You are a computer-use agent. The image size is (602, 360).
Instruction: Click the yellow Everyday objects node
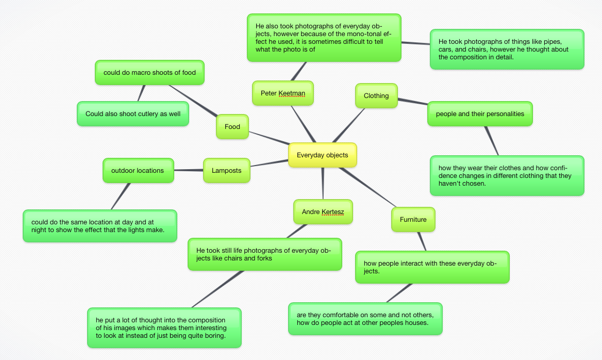pyautogui.click(x=322, y=155)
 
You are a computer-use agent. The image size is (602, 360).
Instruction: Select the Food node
pyautogui.click(x=232, y=127)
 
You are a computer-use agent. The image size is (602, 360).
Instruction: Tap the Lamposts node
pyautogui.click(x=226, y=171)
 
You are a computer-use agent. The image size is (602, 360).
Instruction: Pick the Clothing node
pyautogui.click(x=376, y=96)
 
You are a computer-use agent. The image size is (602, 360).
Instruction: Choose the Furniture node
pyautogui.click(x=413, y=220)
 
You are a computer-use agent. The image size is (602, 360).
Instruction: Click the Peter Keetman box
pyautogui.click(x=283, y=93)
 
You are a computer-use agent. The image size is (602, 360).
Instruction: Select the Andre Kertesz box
pyautogui.click(x=323, y=212)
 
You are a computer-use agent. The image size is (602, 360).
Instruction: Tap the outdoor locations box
pyautogui.click(x=138, y=171)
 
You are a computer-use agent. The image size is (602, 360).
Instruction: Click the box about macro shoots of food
pyautogui.click(x=149, y=73)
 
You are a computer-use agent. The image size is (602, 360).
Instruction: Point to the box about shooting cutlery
pyautogui.click(x=133, y=114)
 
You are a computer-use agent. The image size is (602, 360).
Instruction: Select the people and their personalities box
pyautogui.click(x=480, y=114)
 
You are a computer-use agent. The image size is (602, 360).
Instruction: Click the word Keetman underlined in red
pyautogui.click(x=292, y=93)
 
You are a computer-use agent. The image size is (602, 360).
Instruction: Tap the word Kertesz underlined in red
pyautogui.click(x=332, y=212)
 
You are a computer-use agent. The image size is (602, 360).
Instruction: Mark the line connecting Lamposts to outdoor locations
pyautogui.click(x=189, y=170)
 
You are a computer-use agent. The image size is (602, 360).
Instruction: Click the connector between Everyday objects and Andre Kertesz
pyautogui.click(x=323, y=184)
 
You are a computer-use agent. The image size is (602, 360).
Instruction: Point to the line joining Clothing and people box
pyautogui.click(x=412, y=102)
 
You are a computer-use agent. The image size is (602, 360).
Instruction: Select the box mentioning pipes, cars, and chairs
pyautogui.click(x=507, y=50)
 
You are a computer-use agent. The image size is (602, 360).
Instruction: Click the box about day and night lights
pyautogui.click(x=99, y=226)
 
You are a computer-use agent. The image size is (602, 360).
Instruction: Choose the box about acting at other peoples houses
pyautogui.click(x=365, y=319)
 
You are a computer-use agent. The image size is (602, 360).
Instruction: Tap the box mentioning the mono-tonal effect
pyautogui.click(x=324, y=38)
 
